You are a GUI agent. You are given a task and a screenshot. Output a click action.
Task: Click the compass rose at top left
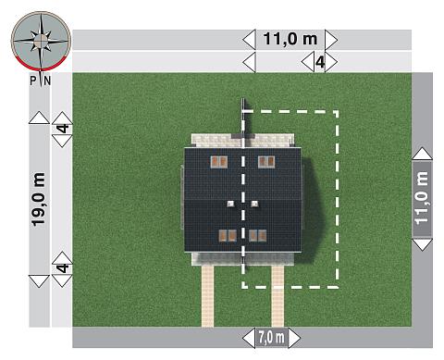coord(41,41)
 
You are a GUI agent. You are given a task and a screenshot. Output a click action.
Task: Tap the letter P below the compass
coord(33,81)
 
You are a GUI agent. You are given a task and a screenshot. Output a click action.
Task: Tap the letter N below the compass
coord(47,81)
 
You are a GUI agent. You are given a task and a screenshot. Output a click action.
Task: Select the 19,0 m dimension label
coord(39,199)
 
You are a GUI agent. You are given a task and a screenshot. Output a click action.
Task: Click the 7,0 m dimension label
coord(271,338)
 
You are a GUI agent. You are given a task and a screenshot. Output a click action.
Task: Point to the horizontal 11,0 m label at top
coord(290,39)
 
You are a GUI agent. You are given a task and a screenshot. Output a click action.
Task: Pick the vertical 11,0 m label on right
coord(422,197)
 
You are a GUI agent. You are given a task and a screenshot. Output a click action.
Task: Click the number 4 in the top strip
coord(320,62)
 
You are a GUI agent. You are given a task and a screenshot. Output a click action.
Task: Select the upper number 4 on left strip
coord(63,129)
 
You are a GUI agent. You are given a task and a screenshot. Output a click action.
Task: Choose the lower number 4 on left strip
coord(63,267)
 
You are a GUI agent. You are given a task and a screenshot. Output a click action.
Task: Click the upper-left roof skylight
coord(219,162)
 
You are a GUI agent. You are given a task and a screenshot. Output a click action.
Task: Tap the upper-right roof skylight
coord(266,162)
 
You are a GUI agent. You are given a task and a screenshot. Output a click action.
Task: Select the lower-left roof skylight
coord(228,235)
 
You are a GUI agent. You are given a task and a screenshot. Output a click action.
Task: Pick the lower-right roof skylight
coord(258,235)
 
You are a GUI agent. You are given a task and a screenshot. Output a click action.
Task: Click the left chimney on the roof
coord(230,204)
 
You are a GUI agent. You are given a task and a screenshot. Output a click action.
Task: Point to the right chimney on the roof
coord(254,204)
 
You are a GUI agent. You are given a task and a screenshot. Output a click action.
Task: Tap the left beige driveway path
coord(207,296)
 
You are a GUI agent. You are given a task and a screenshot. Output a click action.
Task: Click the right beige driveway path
coord(277,296)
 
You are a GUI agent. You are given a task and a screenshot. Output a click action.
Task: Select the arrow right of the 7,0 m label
coord(294,338)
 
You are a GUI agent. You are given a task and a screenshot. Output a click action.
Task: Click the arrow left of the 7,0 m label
coord(249,338)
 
